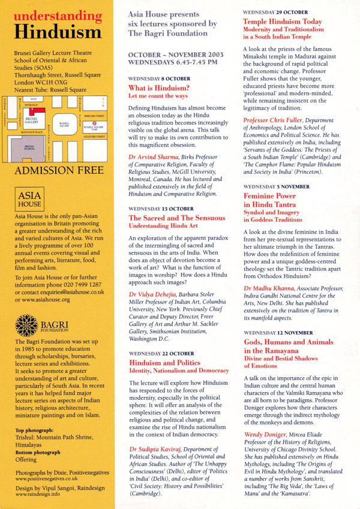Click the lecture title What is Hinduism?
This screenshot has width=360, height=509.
tap(155, 88)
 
